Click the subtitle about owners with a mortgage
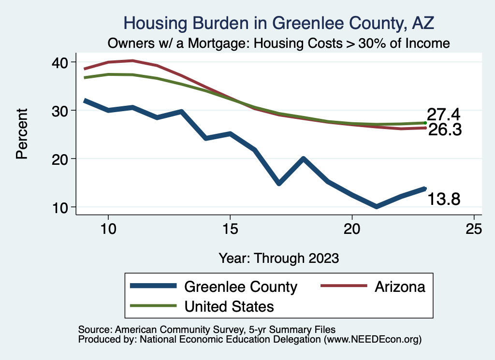[x=279, y=43]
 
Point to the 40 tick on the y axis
[x=62, y=62]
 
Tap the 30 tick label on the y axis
[x=62, y=111]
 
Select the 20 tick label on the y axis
[x=62, y=159]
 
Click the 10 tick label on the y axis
[x=62, y=207]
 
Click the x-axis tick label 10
[x=108, y=230]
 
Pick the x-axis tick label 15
[x=230, y=230]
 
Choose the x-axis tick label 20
[x=352, y=230]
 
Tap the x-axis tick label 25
[x=474, y=230]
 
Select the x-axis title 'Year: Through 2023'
[x=278, y=258]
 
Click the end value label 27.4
[x=443, y=115]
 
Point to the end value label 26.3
[x=443, y=129]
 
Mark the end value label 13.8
[x=443, y=198]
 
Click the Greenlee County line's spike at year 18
[x=303, y=158]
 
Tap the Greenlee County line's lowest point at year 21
[x=376, y=207]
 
